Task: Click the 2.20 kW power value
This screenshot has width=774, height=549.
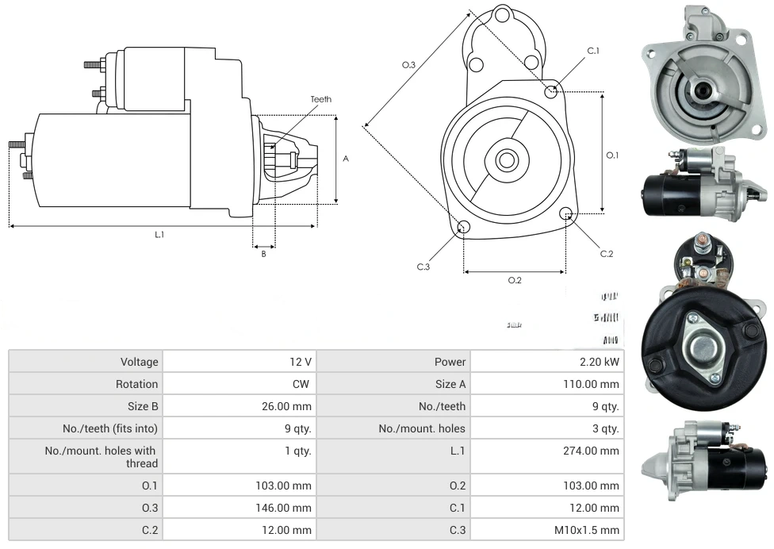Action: [601, 362]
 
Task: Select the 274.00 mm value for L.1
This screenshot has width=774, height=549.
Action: [596, 451]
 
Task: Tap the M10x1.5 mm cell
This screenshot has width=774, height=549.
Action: [588, 530]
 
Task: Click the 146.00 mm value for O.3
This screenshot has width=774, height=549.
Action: [288, 508]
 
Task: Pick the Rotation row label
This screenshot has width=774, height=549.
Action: [136, 384]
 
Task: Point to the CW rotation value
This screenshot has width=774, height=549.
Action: [302, 384]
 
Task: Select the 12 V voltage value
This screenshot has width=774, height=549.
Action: [300, 362]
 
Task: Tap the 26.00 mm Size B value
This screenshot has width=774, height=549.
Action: [288, 406]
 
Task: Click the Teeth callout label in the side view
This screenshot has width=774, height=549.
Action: [320, 99]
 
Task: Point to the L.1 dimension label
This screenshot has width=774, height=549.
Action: [159, 234]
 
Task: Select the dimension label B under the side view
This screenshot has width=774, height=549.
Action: [264, 254]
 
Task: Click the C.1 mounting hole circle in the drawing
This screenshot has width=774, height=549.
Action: [551, 92]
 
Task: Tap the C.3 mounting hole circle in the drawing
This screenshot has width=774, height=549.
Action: [464, 228]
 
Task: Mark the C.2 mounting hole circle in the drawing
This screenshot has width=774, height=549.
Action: [566, 214]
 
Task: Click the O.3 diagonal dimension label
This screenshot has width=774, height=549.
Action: [408, 65]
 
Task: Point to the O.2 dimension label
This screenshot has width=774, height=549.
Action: [515, 280]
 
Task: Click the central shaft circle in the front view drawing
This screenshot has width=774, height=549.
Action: [506, 160]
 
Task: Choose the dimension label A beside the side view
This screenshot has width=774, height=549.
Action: [346, 159]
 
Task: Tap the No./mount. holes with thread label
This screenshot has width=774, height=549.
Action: [101, 457]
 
